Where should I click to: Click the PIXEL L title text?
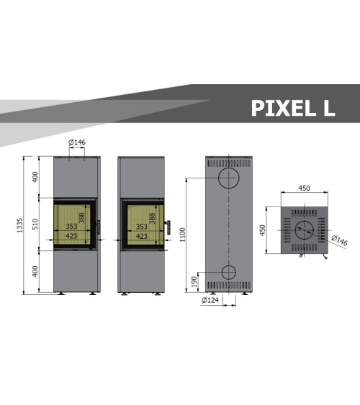point(293,108)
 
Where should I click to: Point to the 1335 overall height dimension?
point(19,225)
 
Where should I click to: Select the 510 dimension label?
point(35,224)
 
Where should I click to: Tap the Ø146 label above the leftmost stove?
point(77,142)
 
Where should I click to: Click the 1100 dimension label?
point(182,235)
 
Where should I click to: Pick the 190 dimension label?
point(194,282)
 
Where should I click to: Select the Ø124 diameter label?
point(210,300)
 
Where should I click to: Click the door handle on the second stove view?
point(168,227)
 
